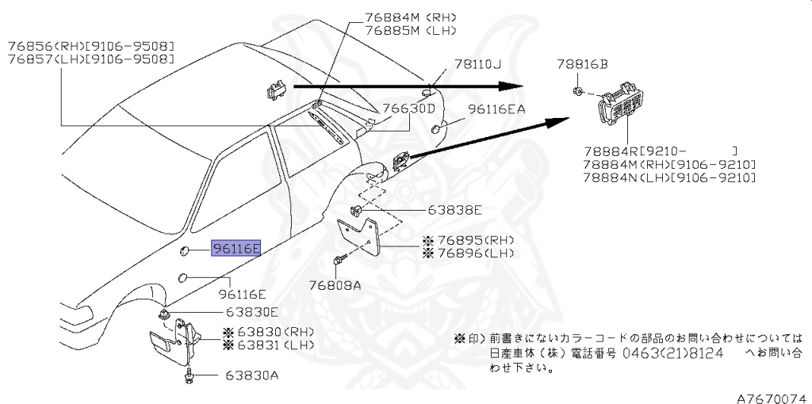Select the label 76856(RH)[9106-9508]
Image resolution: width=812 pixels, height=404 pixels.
[91, 46]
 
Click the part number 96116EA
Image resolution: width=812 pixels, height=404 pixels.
[496, 110]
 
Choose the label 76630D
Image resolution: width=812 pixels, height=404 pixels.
[409, 109]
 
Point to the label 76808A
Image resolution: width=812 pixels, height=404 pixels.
[334, 285]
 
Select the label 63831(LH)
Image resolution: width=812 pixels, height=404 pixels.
[269, 345]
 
